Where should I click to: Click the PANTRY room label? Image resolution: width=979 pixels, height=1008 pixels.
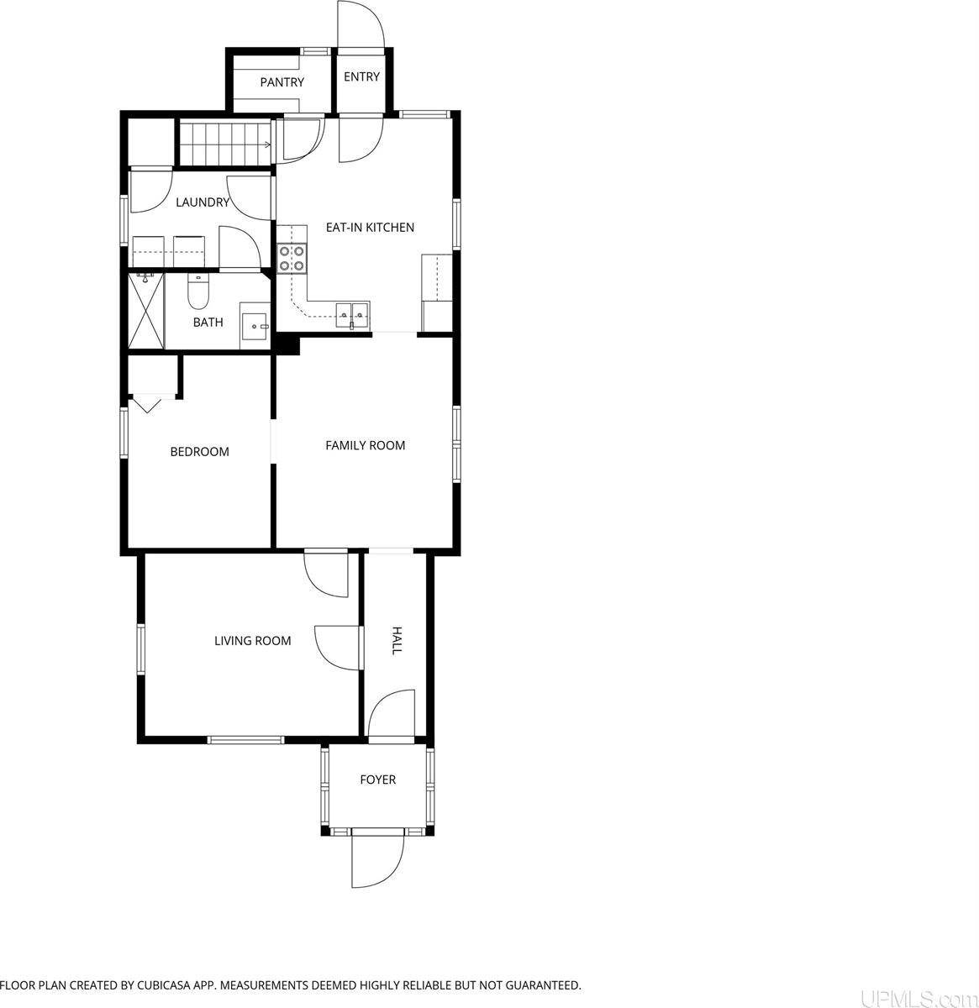pyautogui.click(x=282, y=81)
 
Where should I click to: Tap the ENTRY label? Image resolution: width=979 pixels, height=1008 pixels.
pyautogui.click(x=361, y=76)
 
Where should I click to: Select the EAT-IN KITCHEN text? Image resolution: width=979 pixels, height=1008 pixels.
pyautogui.click(x=370, y=227)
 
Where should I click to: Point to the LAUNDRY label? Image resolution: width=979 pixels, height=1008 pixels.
pyautogui.click(x=203, y=202)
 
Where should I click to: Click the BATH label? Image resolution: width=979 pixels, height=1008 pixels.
pyautogui.click(x=208, y=323)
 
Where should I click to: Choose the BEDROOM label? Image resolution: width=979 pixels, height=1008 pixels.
pyautogui.click(x=199, y=451)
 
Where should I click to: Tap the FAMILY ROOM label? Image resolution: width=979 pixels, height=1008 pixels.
pyautogui.click(x=365, y=445)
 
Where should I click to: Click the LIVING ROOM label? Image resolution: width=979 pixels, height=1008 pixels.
pyautogui.click(x=252, y=641)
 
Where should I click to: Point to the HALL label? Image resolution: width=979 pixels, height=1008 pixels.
pyautogui.click(x=397, y=641)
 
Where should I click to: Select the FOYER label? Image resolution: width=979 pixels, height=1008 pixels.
pyautogui.click(x=377, y=780)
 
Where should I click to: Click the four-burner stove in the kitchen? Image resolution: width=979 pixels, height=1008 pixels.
pyautogui.click(x=292, y=259)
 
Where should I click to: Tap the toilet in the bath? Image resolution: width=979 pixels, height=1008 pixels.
pyautogui.click(x=197, y=291)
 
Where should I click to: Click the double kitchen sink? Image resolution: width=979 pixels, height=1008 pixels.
pyautogui.click(x=352, y=314)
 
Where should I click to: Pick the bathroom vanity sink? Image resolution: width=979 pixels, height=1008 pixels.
pyautogui.click(x=255, y=326)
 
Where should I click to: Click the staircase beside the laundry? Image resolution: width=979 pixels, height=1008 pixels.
pyautogui.click(x=225, y=141)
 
